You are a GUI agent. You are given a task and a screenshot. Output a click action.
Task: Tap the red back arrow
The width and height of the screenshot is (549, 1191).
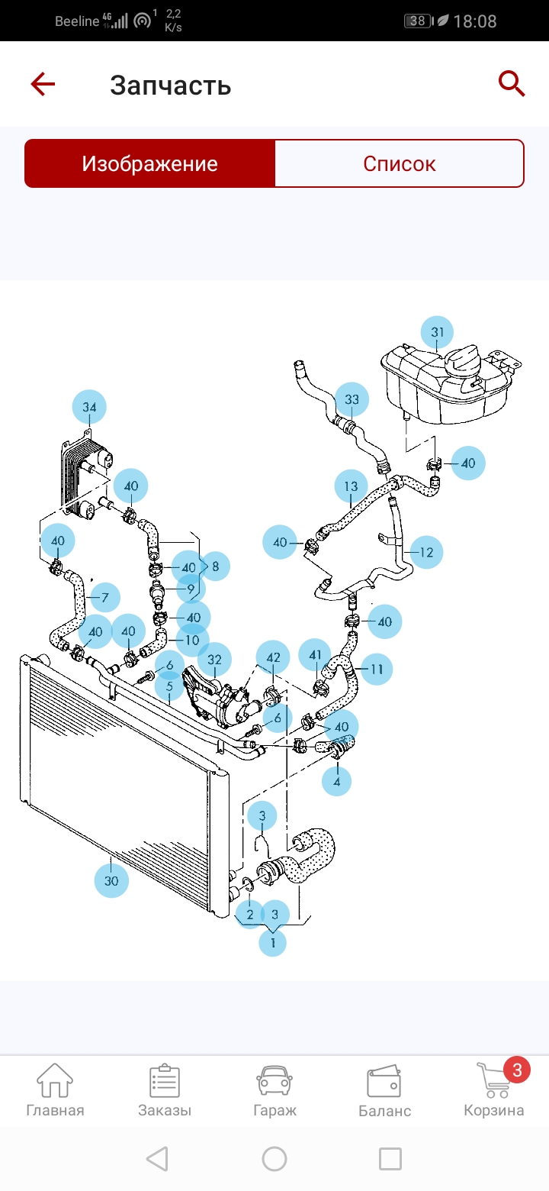click(43, 84)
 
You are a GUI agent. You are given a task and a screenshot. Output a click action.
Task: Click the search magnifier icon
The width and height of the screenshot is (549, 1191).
click(512, 83)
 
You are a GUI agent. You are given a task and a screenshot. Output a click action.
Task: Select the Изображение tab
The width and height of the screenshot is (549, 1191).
click(150, 163)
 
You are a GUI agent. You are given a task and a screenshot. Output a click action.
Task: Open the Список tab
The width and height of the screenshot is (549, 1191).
click(399, 163)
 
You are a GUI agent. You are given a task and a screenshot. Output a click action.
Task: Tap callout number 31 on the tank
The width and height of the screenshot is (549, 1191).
click(437, 332)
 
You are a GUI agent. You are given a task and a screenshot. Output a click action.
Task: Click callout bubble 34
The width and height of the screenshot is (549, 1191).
click(89, 408)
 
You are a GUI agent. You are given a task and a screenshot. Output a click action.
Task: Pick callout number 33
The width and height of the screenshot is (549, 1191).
click(352, 399)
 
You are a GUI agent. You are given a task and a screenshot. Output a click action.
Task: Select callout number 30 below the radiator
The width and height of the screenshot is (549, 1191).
click(111, 880)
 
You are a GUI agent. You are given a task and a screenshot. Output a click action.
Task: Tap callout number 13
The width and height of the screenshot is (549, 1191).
click(351, 486)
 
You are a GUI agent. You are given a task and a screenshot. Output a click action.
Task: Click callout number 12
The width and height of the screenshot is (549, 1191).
click(426, 552)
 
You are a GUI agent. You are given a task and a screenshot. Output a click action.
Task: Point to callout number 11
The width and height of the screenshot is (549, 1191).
click(376, 670)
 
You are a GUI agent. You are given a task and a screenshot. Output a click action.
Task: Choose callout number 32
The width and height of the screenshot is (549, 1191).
click(215, 659)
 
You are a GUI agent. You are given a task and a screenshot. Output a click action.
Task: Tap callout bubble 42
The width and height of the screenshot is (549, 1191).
click(273, 657)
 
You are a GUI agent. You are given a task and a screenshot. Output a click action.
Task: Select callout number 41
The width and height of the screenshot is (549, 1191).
click(315, 654)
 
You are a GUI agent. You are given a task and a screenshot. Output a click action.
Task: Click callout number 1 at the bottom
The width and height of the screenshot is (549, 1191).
click(271, 942)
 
